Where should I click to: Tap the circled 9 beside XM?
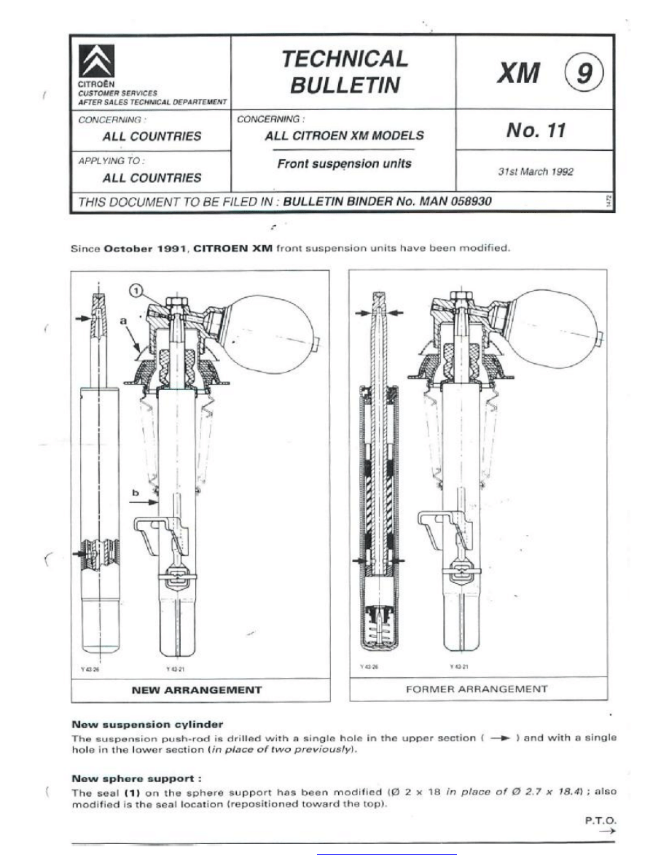(583, 74)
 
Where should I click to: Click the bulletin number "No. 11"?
(536, 130)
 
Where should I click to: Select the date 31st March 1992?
(536, 172)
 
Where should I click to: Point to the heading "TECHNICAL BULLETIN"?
(345, 71)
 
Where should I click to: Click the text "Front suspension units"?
(344, 164)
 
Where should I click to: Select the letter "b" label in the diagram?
(135, 493)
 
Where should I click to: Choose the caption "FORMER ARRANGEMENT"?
(478, 689)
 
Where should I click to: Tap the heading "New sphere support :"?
(136, 779)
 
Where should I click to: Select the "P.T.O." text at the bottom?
(601, 820)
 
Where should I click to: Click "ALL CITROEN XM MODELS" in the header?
(344, 136)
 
